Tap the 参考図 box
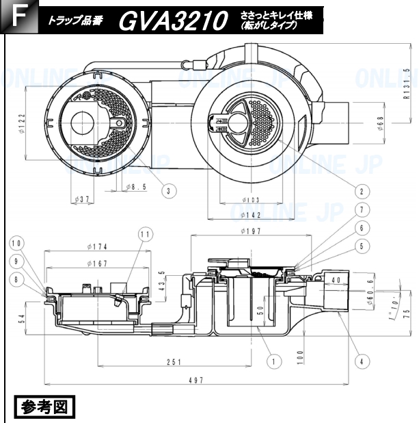(x=43, y=409)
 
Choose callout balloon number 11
(x=144, y=235)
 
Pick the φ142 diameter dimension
(x=251, y=214)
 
